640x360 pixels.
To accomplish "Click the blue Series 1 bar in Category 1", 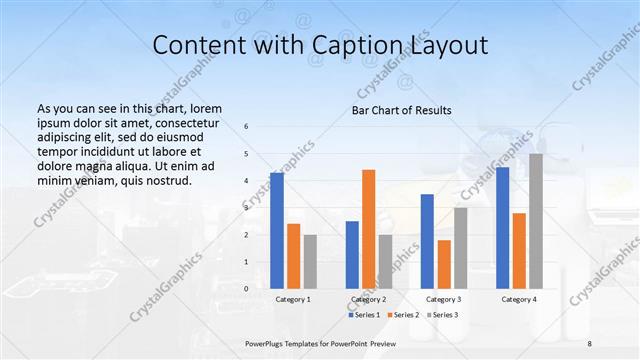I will [277, 230].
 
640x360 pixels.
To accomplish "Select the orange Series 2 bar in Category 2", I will [369, 229].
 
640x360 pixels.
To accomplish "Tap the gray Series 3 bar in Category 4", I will [536, 221].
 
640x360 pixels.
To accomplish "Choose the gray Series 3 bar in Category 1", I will [310, 261].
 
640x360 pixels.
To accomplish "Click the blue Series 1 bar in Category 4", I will [502, 228].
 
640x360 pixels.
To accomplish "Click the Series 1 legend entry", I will [364, 314].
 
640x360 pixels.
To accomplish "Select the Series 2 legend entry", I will [402, 314].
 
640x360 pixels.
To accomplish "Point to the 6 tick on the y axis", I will [247, 126].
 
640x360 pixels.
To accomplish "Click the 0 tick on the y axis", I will [247, 288].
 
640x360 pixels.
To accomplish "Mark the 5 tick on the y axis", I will [247, 153].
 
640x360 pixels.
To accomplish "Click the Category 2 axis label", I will [369, 299].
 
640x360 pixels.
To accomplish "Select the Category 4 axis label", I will [519, 299].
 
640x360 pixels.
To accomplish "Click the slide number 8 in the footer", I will [590, 343].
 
